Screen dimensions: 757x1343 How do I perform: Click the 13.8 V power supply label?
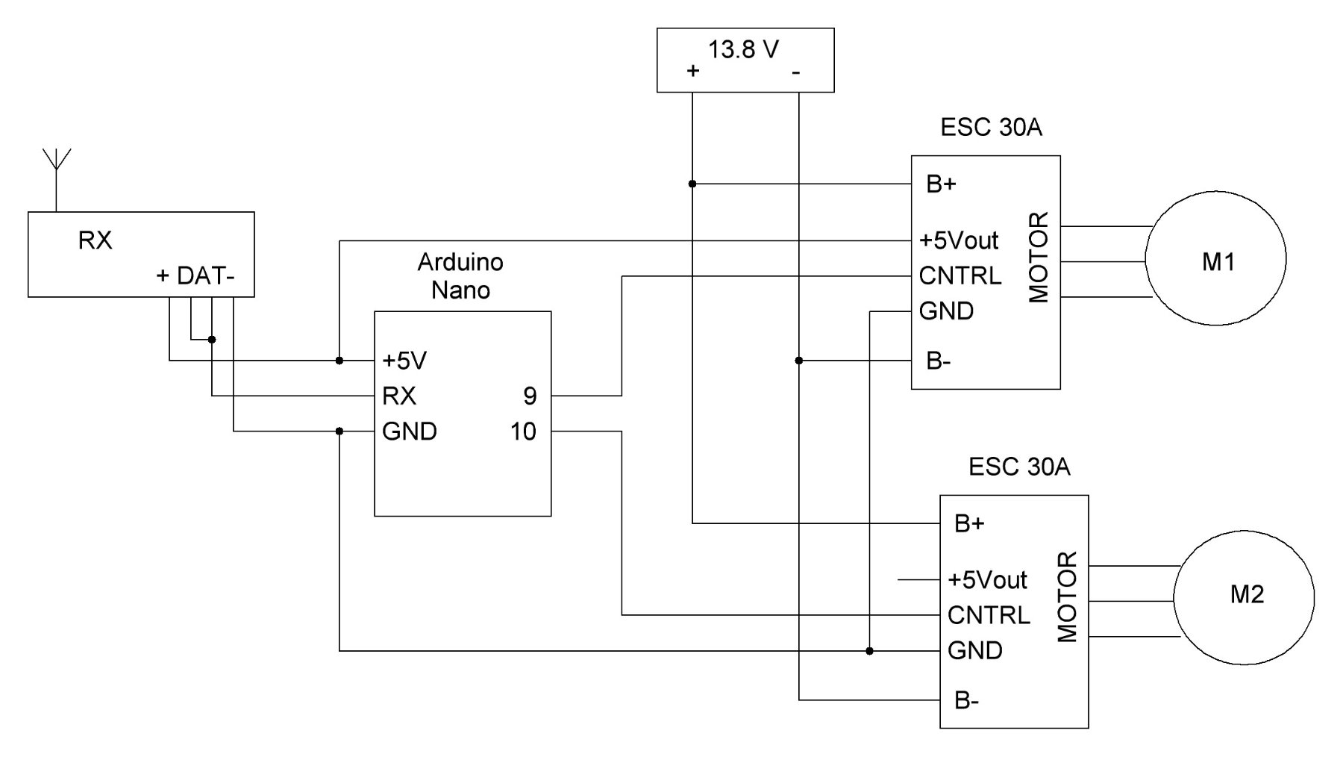743,49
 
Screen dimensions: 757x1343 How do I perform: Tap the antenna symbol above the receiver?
56,168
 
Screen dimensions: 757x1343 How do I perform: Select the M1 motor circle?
1215,259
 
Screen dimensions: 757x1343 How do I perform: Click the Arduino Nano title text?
460,275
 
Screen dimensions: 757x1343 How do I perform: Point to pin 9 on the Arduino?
530,396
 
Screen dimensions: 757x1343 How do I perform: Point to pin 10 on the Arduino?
523,432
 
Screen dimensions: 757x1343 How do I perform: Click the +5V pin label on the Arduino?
404,361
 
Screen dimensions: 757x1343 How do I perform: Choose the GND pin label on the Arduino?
409,432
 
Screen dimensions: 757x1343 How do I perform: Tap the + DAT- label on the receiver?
195,276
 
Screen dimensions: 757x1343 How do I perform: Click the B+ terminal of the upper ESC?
941,184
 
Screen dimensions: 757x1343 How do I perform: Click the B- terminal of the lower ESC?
966,700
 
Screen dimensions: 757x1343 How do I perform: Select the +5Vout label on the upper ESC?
959,240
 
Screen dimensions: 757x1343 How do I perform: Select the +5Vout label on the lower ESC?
987,579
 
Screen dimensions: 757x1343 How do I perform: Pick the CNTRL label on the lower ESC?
988,615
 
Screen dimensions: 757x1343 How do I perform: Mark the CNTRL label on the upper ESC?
959,276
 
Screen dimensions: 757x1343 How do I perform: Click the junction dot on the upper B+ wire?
692,184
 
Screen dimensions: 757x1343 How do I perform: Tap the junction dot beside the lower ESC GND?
870,651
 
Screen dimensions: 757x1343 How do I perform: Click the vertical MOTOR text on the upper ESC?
1039,258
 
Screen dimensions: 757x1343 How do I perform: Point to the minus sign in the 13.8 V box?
796,72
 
